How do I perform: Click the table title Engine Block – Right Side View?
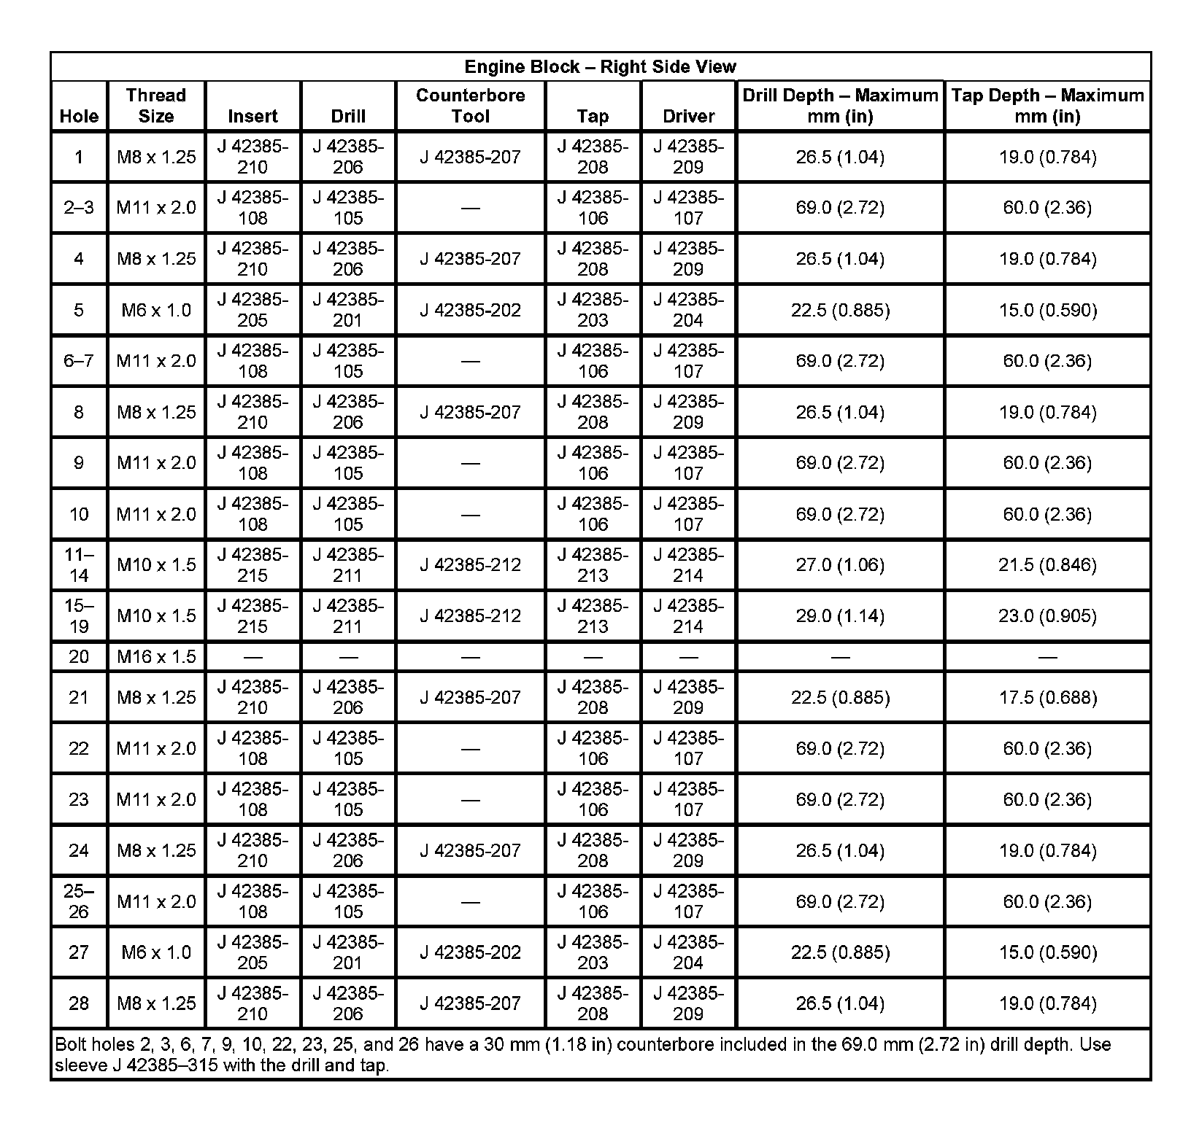600,67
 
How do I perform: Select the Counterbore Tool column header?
470,106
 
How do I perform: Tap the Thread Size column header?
155,106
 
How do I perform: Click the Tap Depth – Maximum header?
1047,106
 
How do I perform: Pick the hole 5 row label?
79,311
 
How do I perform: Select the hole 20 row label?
79,657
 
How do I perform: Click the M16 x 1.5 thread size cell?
156,657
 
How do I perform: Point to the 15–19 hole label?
79,616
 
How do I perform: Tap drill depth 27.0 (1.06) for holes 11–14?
840,565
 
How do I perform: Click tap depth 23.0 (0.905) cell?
1047,616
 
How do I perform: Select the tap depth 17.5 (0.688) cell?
1047,698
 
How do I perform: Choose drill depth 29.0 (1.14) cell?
840,616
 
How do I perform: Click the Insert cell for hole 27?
253,952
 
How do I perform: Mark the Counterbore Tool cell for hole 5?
470,311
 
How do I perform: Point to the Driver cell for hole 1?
688,157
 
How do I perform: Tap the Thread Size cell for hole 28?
156,1003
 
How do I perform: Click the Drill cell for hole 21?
348,698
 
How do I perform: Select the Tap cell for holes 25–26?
593,901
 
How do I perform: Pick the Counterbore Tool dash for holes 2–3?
470,209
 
